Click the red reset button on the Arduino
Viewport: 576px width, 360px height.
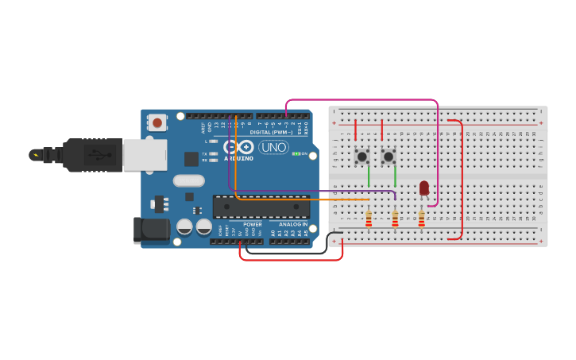pyautogui.click(x=157, y=122)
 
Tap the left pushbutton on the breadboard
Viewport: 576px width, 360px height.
pyautogui.click(x=362, y=157)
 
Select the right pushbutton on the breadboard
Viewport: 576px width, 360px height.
pyautogui.click(x=389, y=157)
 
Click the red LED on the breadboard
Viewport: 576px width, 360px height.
pyautogui.click(x=424, y=188)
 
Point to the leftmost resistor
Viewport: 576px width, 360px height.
pyautogui.click(x=369, y=218)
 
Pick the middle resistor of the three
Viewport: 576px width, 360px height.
pyautogui.click(x=395, y=218)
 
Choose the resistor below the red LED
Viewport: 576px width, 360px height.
pyautogui.click(x=422, y=218)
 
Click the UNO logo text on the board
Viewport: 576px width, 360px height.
pyautogui.click(x=274, y=147)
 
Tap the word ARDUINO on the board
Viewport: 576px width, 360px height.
pyautogui.click(x=238, y=158)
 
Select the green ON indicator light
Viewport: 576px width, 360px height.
pyautogui.click(x=296, y=153)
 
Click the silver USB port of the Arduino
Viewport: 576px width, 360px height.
pyautogui.click(x=145, y=155)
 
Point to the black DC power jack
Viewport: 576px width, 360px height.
pyautogui.click(x=152, y=230)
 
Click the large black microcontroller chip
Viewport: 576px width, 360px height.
pyautogui.click(x=261, y=207)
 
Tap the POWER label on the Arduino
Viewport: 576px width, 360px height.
pyautogui.click(x=253, y=225)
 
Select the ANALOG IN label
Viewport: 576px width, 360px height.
pyautogui.click(x=293, y=225)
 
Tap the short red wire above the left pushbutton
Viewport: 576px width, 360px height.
pyautogui.click(x=355, y=130)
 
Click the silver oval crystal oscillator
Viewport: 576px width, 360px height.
pyautogui.click(x=188, y=180)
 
